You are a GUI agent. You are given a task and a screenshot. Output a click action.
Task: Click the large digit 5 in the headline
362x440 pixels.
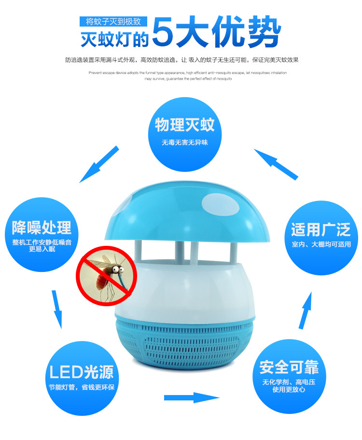163,31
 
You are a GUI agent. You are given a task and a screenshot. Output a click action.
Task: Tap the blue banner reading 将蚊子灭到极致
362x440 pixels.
113,21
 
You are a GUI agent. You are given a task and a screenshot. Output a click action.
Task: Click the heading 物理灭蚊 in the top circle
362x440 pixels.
185,125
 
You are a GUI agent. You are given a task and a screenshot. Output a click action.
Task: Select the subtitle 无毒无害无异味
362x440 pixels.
185,142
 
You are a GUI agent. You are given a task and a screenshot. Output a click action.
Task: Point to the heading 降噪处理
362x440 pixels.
42,227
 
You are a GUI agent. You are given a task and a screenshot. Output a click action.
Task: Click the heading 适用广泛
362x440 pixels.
321,229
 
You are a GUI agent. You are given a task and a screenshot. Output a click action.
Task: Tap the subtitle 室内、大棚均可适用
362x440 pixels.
321,244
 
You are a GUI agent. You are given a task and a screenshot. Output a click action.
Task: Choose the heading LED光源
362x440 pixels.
82,372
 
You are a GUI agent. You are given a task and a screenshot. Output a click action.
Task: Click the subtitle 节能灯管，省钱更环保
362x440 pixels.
82,387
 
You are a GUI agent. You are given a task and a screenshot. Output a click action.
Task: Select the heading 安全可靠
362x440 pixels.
289,367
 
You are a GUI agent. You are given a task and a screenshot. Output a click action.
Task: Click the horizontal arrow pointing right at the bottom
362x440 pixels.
192,397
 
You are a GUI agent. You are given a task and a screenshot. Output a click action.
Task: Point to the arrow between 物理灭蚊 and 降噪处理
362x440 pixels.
99,164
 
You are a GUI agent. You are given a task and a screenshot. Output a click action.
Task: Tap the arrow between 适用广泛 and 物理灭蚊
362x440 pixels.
276,164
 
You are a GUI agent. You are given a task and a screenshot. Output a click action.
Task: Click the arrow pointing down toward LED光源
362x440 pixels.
56,309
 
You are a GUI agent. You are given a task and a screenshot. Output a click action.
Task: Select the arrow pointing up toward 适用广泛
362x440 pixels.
306,311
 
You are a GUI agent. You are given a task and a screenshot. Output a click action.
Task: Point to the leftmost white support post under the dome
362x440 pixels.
138,250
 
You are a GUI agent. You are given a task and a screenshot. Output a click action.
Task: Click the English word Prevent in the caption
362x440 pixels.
95,72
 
